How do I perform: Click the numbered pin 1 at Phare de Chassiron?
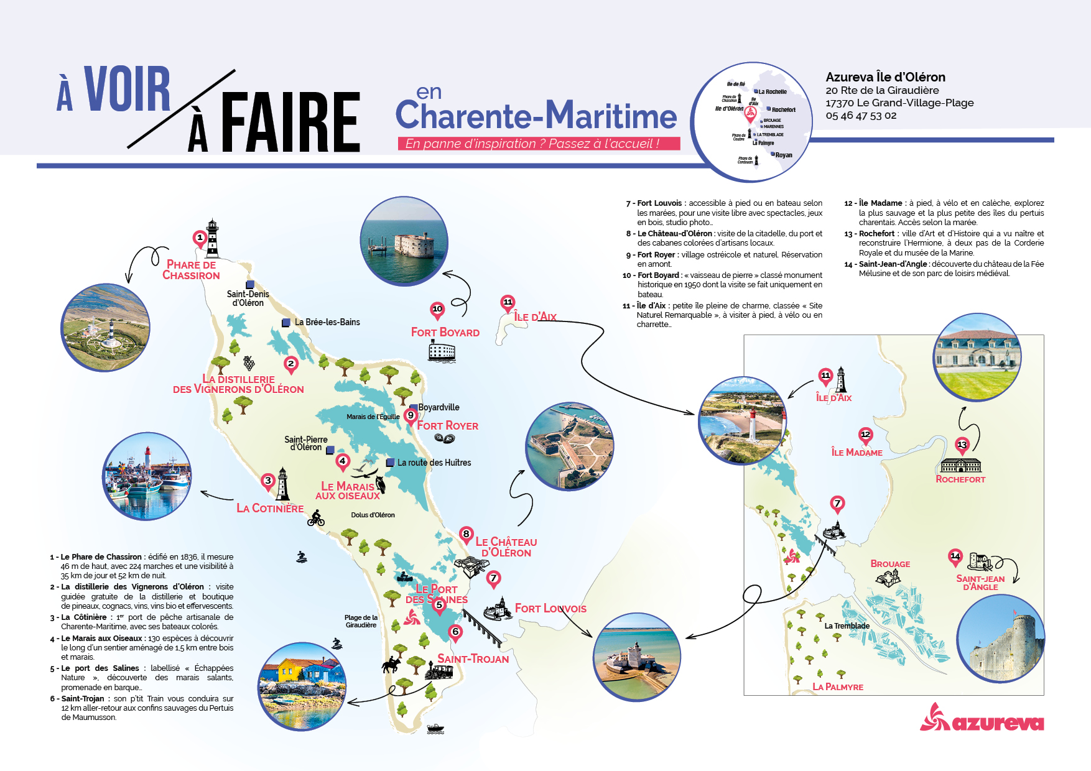200,238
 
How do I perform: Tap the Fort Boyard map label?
445,333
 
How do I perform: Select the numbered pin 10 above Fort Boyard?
437,310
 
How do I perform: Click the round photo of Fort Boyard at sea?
404,241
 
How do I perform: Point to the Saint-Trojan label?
473,659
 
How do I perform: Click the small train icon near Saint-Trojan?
439,672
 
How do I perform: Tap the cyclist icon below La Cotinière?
316,518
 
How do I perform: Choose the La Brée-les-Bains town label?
327,322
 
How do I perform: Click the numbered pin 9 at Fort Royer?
411,416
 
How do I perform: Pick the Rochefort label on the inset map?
960,479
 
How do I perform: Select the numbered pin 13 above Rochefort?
962,445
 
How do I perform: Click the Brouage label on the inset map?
890,564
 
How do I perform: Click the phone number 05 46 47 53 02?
861,116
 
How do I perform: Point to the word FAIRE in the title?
290,122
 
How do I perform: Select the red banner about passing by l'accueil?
539,144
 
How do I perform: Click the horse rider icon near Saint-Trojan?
391,665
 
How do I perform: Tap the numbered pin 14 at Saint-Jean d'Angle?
955,556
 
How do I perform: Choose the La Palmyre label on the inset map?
838,687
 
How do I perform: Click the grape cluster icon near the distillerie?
249,362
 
